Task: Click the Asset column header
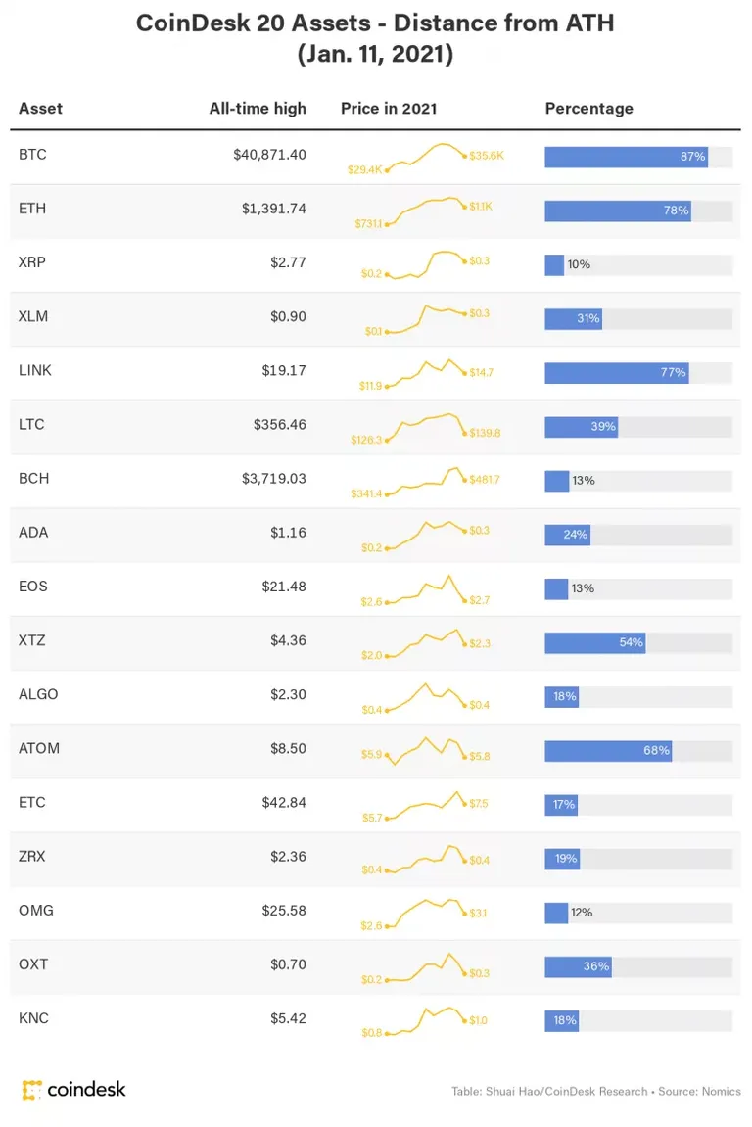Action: pyautogui.click(x=40, y=109)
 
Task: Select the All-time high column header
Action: pyautogui.click(x=258, y=109)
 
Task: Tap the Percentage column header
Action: pyautogui.click(x=588, y=109)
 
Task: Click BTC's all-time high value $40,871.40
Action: pyautogui.click(x=269, y=155)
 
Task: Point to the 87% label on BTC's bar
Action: pyautogui.click(x=693, y=156)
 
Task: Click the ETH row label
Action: pyautogui.click(x=32, y=209)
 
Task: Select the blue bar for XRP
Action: pyautogui.click(x=554, y=264)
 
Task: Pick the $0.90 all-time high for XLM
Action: pyautogui.click(x=288, y=316)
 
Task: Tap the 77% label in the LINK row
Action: pyautogui.click(x=673, y=372)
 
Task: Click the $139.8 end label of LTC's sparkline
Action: pyautogui.click(x=486, y=433)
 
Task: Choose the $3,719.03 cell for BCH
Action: pyautogui.click(x=274, y=479)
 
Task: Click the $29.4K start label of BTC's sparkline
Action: pyautogui.click(x=364, y=169)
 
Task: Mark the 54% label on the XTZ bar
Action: pyautogui.click(x=632, y=642)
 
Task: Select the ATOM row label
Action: pyautogui.click(x=39, y=748)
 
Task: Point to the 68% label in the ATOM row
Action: pyautogui.click(x=656, y=750)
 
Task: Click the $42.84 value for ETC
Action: pyautogui.click(x=284, y=802)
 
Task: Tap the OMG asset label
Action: pyautogui.click(x=36, y=910)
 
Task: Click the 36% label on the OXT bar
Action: pyautogui.click(x=596, y=966)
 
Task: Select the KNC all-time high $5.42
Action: pyautogui.click(x=288, y=1018)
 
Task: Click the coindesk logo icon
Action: pyautogui.click(x=31, y=1090)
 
